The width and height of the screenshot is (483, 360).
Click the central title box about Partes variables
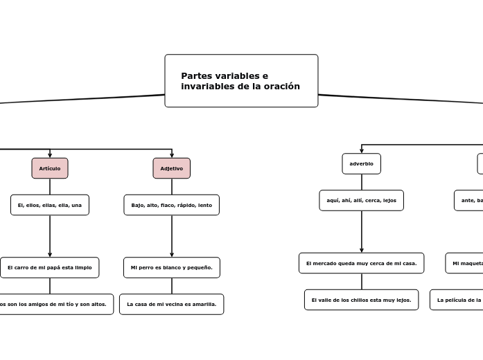[x=241, y=81]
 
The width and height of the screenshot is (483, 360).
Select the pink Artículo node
[x=50, y=168]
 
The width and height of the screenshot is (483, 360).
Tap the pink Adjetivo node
[x=171, y=168]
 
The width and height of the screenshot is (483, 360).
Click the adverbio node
[x=361, y=163]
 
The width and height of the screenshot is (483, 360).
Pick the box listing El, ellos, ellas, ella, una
[x=50, y=205]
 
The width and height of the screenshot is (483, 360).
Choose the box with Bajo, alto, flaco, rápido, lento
[x=171, y=205]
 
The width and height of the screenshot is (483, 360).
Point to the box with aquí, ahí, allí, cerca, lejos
[x=361, y=200]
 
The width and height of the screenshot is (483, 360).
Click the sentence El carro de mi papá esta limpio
[x=50, y=267]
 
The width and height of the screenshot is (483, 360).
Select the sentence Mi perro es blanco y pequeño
[x=171, y=267]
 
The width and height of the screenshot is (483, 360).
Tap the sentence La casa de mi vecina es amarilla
[x=171, y=304]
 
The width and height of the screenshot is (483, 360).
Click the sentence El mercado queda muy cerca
[x=361, y=263]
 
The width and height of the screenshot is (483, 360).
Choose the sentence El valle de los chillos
[x=361, y=300]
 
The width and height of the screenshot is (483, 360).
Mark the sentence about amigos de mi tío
[x=54, y=304]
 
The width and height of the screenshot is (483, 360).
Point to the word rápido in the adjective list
[x=187, y=205]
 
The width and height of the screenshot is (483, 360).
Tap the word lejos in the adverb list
[x=389, y=200]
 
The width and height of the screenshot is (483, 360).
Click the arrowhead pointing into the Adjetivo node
[x=172, y=155]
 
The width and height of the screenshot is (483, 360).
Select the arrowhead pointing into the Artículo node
[x=50, y=155]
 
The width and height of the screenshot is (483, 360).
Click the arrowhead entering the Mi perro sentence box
[x=172, y=254]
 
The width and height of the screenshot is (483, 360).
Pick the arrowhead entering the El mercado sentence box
[x=362, y=250]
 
